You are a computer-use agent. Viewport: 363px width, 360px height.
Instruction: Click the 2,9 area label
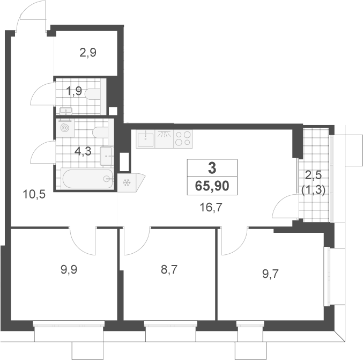pyautogui.click(x=88, y=53)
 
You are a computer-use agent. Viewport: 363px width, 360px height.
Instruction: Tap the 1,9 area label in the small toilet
pyautogui.click(x=74, y=91)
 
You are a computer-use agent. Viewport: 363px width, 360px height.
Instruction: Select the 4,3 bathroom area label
pyautogui.click(x=83, y=151)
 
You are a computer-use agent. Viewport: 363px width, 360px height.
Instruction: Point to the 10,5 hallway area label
pyautogui.click(x=34, y=194)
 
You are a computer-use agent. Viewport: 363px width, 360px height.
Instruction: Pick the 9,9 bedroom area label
pyautogui.click(x=69, y=270)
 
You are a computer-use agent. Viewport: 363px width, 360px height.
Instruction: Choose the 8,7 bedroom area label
pyautogui.click(x=169, y=270)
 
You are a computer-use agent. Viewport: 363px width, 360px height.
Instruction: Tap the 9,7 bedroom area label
pyautogui.click(x=270, y=274)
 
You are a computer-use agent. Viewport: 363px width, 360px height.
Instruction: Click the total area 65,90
pyautogui.click(x=212, y=186)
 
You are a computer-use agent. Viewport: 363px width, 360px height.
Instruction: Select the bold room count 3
pyautogui.click(x=212, y=168)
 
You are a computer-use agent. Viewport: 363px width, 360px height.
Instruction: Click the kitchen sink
pyautogui.click(x=145, y=139)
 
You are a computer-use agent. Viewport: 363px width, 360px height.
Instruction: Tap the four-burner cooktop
pyautogui.click(x=183, y=139)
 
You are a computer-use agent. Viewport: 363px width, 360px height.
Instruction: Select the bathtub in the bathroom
pyautogui.click(x=88, y=179)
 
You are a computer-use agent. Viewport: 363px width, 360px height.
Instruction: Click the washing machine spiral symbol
pyautogui.click(x=65, y=128)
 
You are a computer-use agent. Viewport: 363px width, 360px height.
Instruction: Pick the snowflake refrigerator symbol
pyautogui.click(x=127, y=183)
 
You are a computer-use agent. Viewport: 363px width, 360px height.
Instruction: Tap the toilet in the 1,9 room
pyautogui.click(x=93, y=94)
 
